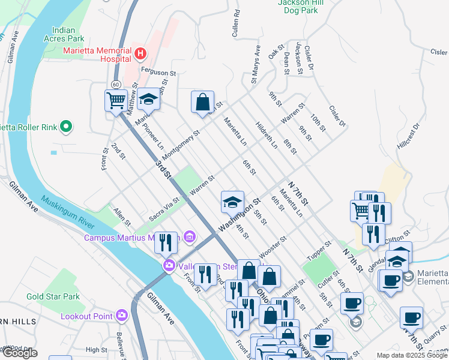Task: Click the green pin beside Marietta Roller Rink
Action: click(67, 127)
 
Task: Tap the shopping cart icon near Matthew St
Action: click(115, 100)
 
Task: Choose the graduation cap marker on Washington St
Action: click(232, 202)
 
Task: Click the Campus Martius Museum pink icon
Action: click(190, 238)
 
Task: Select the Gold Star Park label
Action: click(53, 297)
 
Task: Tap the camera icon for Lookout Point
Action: click(122, 315)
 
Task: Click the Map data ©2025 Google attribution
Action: click(411, 355)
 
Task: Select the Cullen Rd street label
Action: click(237, 20)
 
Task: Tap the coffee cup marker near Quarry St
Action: click(411, 318)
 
